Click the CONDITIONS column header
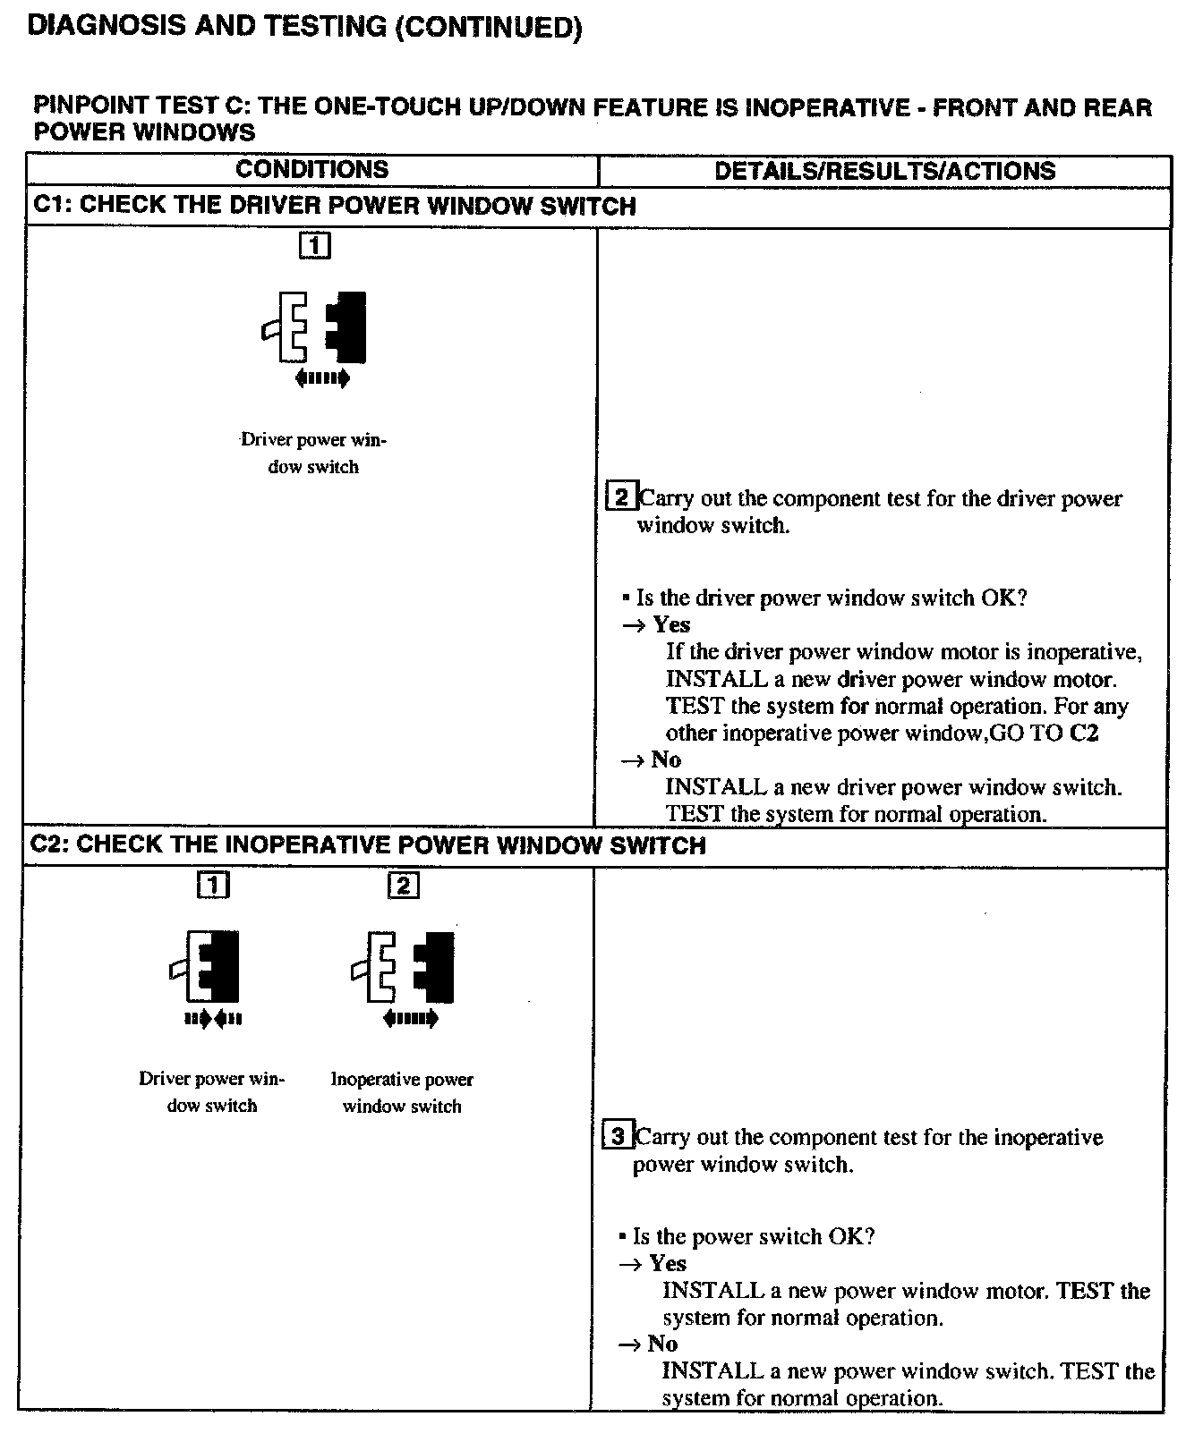coord(311,170)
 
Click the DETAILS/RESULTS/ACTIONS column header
coord(884,171)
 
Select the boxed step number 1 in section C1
coord(314,245)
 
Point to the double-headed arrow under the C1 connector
coord(322,378)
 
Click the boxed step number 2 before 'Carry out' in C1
coord(621,496)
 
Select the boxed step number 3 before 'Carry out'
coord(619,1136)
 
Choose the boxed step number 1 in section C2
coord(213,885)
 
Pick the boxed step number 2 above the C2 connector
coord(403,885)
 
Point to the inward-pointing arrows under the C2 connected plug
coord(213,1018)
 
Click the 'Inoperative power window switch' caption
coord(402,1092)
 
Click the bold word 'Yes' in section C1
coord(671,624)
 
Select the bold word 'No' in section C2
coord(662,1344)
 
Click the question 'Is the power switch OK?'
coord(753,1236)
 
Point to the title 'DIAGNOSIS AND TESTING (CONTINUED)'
coord(305,27)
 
